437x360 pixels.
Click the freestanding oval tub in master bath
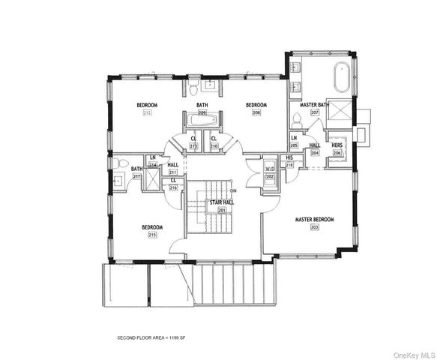click(341, 78)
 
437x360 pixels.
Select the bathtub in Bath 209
click(202, 120)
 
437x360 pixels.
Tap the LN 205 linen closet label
click(294, 142)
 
